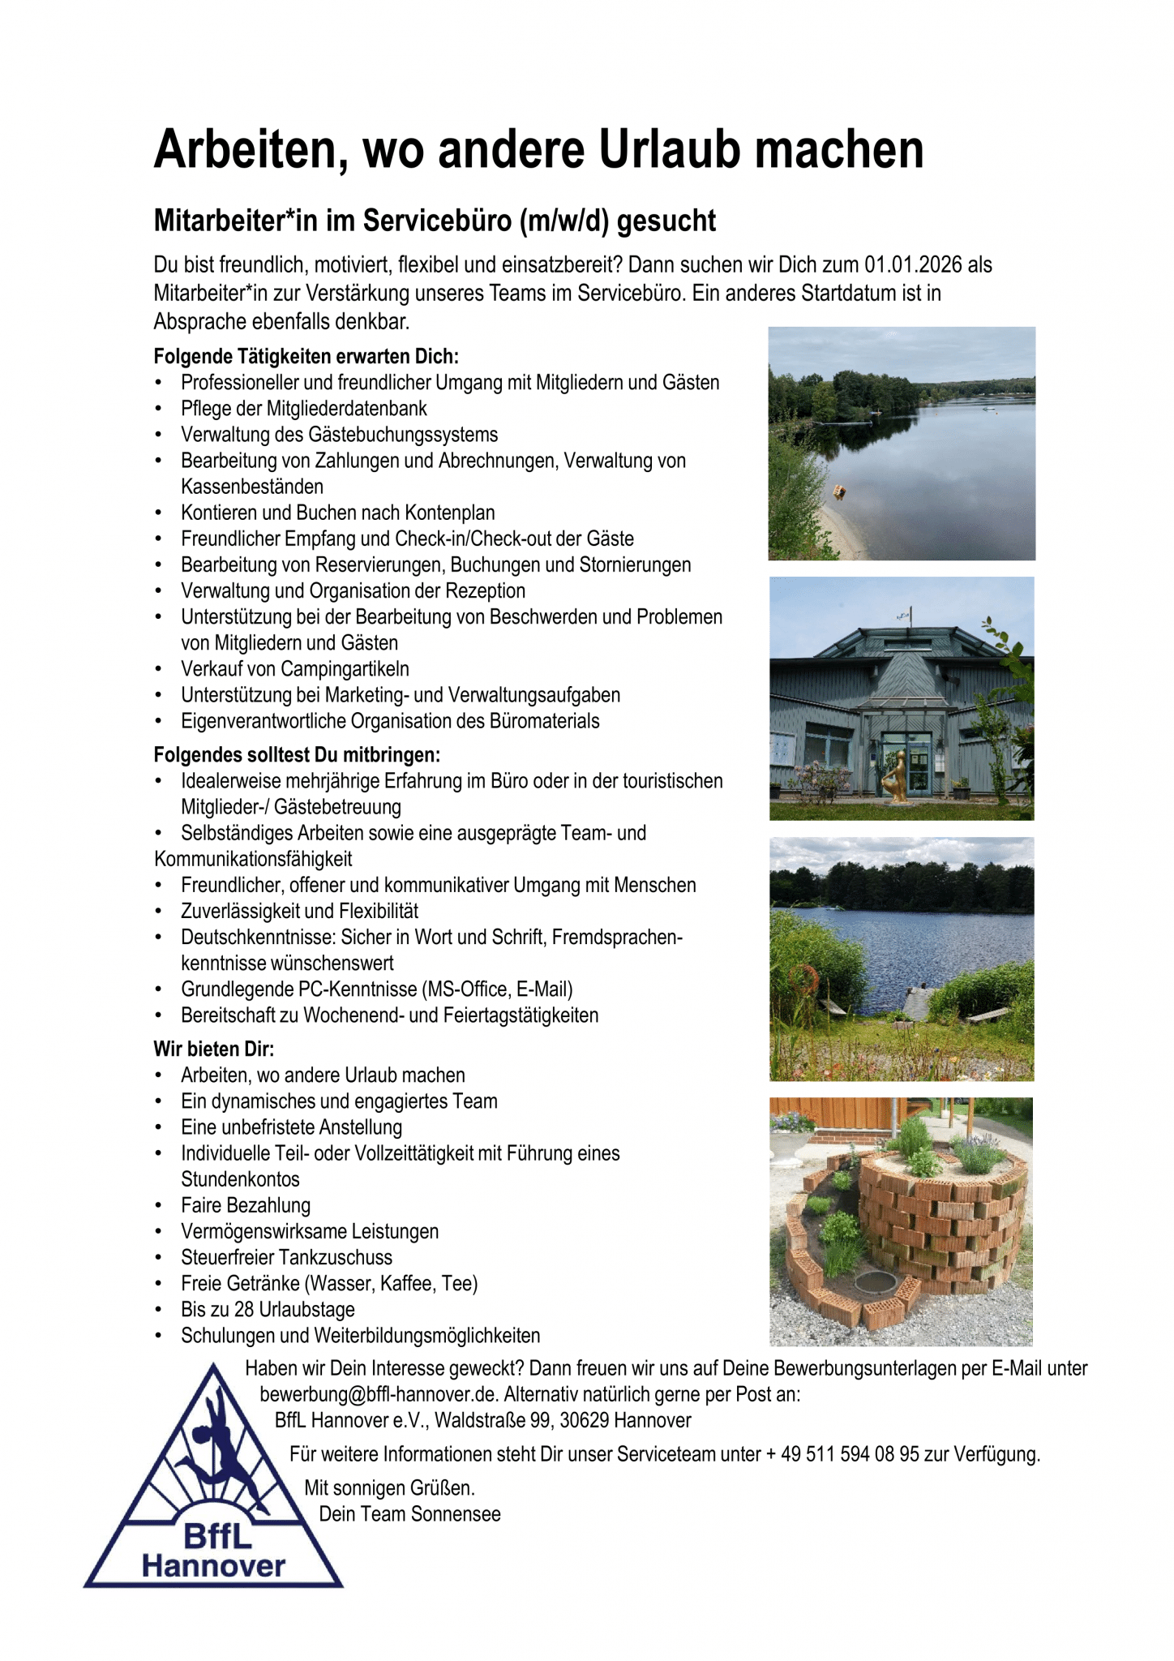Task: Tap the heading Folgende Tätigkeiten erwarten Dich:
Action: click(306, 356)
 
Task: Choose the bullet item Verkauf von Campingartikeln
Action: click(295, 669)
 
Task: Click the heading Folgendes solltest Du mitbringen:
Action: click(297, 755)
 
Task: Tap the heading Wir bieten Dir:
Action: click(214, 1049)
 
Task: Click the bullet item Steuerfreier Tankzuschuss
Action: click(286, 1258)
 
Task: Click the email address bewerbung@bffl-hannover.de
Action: click(378, 1395)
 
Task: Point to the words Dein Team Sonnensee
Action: click(409, 1514)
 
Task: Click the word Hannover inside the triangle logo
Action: click(213, 1566)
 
